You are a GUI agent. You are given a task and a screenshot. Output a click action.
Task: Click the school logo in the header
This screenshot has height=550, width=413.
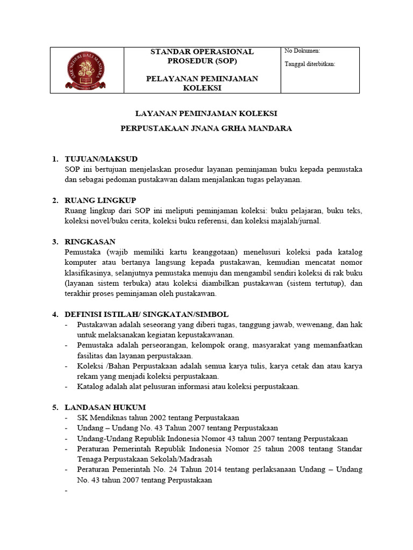pyautogui.click(x=87, y=70)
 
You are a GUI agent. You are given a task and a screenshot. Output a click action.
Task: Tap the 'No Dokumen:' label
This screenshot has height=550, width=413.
pyautogui.click(x=302, y=51)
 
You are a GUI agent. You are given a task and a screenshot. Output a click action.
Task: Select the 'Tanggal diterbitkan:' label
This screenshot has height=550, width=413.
pyautogui.click(x=310, y=64)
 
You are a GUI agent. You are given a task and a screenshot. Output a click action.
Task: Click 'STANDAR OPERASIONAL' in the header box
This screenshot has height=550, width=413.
pyautogui.click(x=202, y=52)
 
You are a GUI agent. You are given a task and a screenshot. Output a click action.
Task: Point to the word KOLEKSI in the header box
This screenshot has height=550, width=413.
pyautogui.click(x=202, y=88)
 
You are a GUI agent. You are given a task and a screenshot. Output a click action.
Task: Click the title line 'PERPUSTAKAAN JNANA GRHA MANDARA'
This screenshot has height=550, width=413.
pyautogui.click(x=206, y=129)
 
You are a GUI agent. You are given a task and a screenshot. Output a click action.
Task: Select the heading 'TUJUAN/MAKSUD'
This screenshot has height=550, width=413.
pyautogui.click(x=101, y=159)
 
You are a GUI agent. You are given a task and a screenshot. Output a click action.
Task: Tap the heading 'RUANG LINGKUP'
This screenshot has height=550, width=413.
pyautogui.click(x=100, y=200)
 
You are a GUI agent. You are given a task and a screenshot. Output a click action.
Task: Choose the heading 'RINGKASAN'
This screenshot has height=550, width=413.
pyautogui.click(x=90, y=242)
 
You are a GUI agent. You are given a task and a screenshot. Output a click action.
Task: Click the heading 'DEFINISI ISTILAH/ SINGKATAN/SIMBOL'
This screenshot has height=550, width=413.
pyautogui.click(x=146, y=314)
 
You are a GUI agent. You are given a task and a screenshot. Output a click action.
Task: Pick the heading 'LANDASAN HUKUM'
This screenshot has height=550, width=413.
pyautogui.click(x=105, y=407)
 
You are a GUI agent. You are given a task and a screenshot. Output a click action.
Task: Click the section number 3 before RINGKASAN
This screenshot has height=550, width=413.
pyautogui.click(x=54, y=242)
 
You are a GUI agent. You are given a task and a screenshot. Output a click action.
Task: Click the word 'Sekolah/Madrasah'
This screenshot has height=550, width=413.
pyautogui.click(x=184, y=459)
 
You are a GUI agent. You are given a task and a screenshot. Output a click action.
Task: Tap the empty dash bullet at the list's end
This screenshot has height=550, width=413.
pyautogui.click(x=66, y=491)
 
